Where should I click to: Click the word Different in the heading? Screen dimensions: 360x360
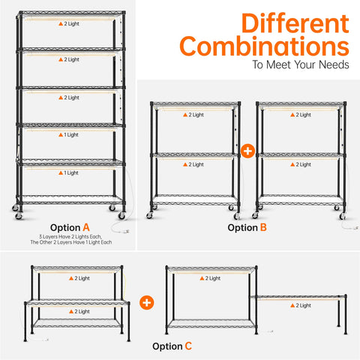coord(295,23)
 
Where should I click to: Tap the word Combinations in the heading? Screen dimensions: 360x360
coord(264,46)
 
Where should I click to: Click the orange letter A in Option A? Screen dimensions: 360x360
coord(86,227)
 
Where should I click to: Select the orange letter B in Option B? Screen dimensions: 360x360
coord(263,227)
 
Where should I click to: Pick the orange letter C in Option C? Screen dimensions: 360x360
coord(188,346)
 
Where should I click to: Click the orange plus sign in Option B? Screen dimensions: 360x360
coord(247,151)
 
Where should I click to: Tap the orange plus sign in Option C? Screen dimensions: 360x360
coord(147,302)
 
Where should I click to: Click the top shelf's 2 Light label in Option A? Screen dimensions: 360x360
coord(69,24)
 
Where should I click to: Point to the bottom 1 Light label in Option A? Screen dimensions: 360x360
coord(68,172)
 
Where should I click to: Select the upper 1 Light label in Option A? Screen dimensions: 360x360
coord(68,135)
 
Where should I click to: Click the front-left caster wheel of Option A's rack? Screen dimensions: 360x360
coord(18,215)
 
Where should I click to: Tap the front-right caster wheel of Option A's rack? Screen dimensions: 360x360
coord(121,215)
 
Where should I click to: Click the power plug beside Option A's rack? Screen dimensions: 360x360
coord(126,231)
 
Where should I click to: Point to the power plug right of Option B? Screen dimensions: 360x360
coord(355,227)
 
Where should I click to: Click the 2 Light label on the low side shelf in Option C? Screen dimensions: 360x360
coord(301,305)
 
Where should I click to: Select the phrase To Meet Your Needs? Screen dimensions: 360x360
coord(301,64)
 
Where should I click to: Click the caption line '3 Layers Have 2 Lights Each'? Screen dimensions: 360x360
coord(70,236)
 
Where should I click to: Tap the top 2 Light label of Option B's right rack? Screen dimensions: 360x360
coord(301,115)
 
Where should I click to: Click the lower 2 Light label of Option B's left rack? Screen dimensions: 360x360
coord(193,164)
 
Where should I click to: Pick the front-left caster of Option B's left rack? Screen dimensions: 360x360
coord(149,215)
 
